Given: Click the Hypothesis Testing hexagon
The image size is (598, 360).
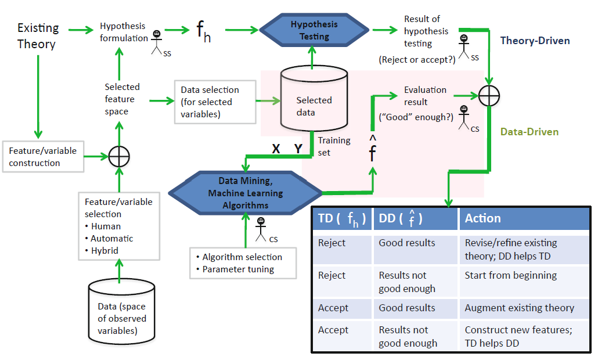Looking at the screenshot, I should pyautogui.click(x=314, y=31).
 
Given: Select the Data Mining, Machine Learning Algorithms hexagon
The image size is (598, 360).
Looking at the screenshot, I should pyautogui.click(x=246, y=193).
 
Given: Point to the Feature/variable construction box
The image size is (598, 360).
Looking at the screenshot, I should pyautogui.click(x=43, y=157).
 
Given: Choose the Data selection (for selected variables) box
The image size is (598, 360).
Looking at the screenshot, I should pyautogui.click(x=215, y=102).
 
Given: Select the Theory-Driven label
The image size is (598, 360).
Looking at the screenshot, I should pyautogui.click(x=535, y=41).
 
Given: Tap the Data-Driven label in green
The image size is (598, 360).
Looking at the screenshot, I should pyautogui.click(x=529, y=132).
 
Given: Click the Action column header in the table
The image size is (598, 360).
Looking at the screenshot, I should pyautogui.click(x=482, y=218).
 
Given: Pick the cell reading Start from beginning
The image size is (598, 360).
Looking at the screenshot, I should pyautogui.click(x=510, y=275).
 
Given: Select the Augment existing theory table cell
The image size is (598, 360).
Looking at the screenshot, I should pyautogui.click(x=519, y=308).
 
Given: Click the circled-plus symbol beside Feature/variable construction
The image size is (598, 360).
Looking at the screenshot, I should pyautogui.click(x=119, y=156).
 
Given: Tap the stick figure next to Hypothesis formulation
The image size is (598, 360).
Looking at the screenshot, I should pyautogui.click(x=157, y=41).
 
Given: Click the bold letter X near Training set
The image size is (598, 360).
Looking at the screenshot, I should pyautogui.click(x=276, y=149).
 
